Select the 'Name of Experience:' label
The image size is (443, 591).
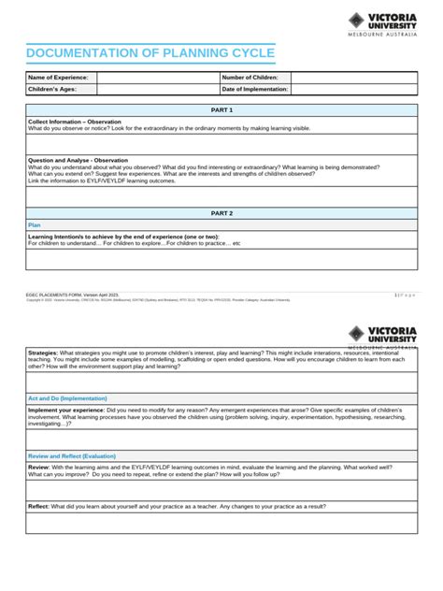pos(58,77)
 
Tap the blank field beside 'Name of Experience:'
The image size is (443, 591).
pos(156,77)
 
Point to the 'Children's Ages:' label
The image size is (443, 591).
pos(53,89)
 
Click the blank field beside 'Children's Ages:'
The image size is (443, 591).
pos(156,89)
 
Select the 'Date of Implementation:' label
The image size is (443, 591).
pos(255,89)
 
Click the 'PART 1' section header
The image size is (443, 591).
pos(221,110)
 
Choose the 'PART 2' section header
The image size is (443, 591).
pos(221,213)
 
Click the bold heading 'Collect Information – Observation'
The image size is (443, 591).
pos(75,122)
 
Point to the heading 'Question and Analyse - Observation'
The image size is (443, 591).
pos(79,160)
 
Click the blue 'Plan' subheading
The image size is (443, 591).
pos(35,224)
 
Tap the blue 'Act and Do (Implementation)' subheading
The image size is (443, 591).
pos(75,398)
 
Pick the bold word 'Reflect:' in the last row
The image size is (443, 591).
pos(39,505)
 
